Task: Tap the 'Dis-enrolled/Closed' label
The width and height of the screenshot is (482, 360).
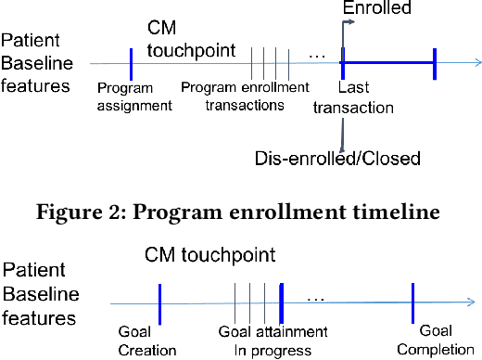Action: coord(337,158)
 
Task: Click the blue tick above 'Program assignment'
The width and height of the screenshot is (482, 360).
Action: coord(131,63)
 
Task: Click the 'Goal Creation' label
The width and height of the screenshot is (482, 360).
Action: coord(147,341)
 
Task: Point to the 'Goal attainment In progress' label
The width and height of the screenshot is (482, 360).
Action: coord(273,341)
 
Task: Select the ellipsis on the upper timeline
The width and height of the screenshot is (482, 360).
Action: coord(317,57)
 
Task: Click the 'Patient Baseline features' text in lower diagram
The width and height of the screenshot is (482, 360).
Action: coord(39,295)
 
